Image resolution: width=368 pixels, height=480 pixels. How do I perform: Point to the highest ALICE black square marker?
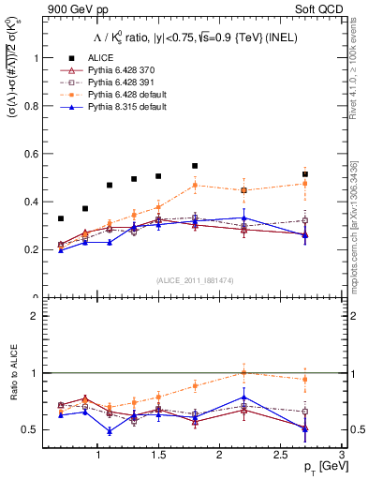click(195, 166)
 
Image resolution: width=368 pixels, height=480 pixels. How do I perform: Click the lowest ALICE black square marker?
click(61, 218)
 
